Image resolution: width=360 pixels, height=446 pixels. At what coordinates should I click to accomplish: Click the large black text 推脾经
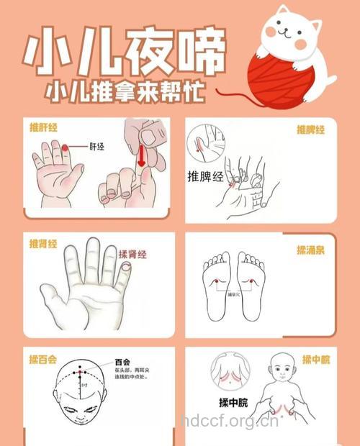pyautogui.click(x=205, y=176)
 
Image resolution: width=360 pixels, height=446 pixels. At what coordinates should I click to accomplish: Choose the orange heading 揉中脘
pyautogui.click(x=315, y=360)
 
